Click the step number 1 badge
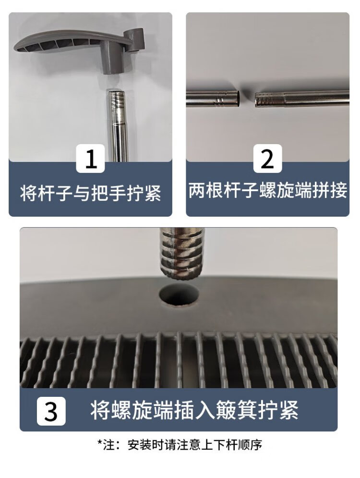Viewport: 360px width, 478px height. [x=90, y=159]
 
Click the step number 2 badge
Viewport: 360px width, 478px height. [x=267, y=159]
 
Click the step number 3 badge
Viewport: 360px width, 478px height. [x=51, y=411]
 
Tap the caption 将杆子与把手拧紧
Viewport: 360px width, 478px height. [x=90, y=193]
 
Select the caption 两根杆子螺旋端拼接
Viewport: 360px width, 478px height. [x=268, y=191]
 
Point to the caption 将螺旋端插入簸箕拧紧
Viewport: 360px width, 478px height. [x=194, y=411]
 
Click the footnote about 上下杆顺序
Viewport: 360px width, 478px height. [x=180, y=445]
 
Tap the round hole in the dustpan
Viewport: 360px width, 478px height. [x=179, y=295]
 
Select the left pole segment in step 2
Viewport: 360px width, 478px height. [x=213, y=98]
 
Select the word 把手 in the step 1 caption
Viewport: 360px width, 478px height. [x=108, y=193]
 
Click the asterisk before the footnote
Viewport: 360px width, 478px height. [x=99, y=442]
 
